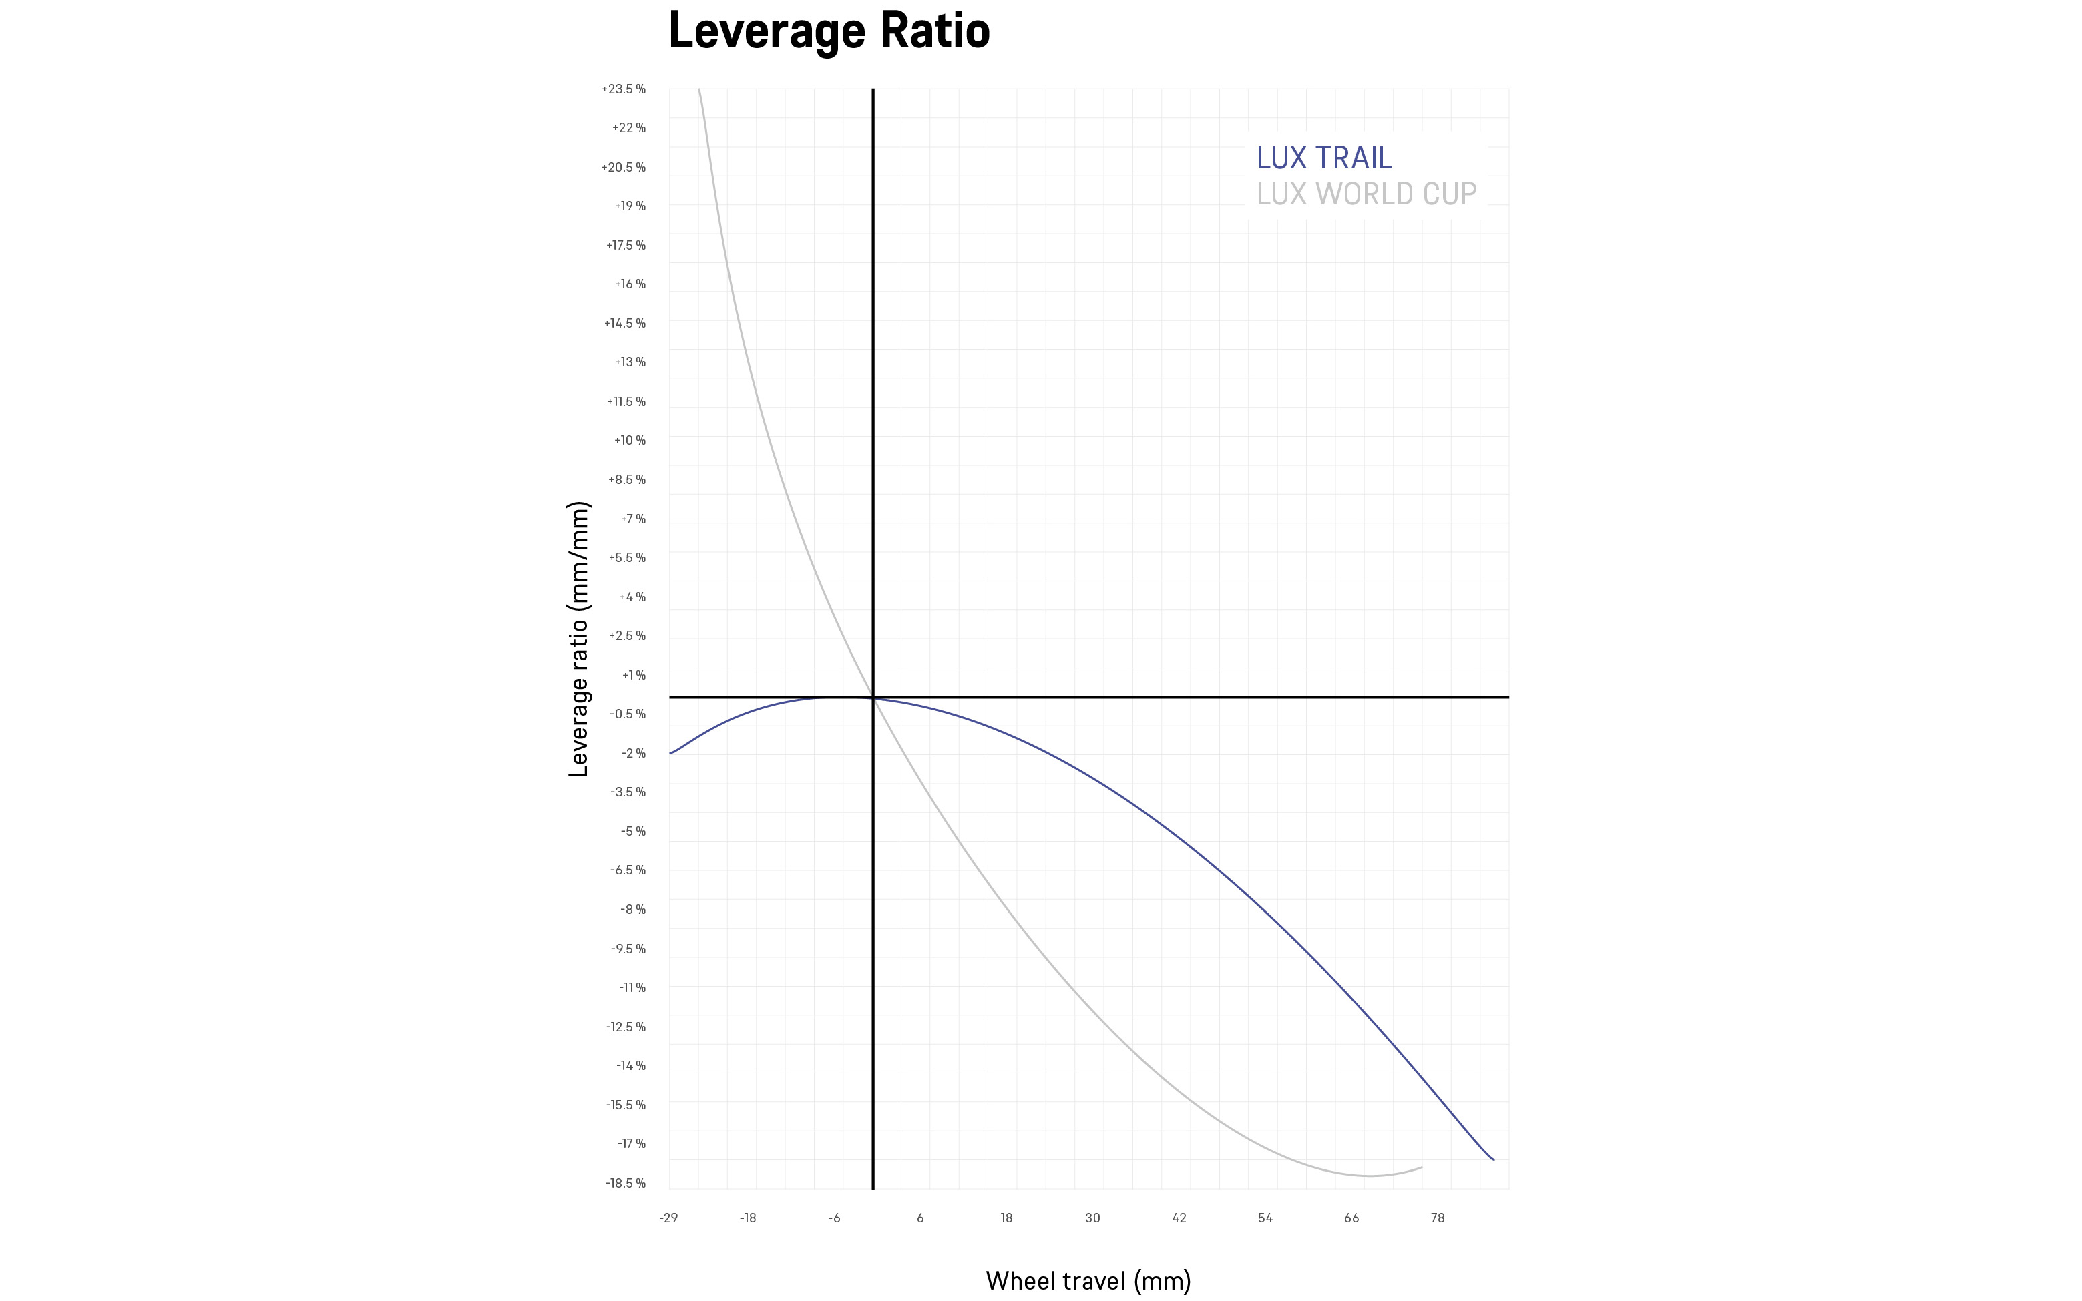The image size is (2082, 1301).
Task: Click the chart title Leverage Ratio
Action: (829, 31)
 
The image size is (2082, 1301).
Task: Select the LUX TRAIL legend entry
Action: (1323, 158)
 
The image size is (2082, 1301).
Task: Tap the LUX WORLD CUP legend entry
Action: (1366, 194)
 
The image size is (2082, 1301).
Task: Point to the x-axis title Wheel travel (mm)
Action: (1088, 1280)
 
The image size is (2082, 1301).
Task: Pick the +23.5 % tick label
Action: (623, 89)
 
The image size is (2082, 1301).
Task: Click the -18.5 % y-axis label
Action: (625, 1183)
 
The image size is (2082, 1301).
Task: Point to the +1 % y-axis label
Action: (634, 676)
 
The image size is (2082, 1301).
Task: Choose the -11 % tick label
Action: (632, 988)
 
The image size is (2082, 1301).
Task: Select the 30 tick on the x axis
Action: (1092, 1218)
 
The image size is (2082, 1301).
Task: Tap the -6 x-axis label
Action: (834, 1218)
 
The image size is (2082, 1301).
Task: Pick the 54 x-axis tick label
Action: (1265, 1218)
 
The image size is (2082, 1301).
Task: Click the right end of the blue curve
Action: (1493, 1160)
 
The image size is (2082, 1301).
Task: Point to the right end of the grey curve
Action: (1422, 1167)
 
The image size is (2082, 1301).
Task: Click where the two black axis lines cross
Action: (873, 697)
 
